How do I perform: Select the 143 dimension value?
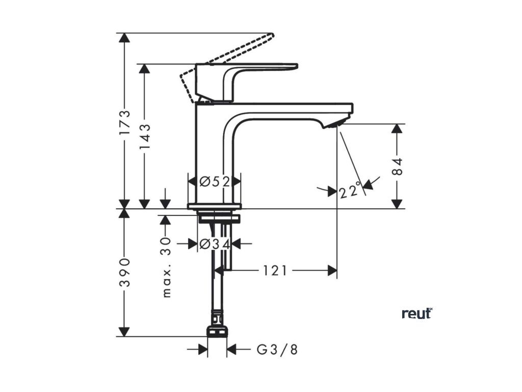point(145,136)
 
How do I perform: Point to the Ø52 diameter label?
point(214,181)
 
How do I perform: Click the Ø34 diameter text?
point(214,244)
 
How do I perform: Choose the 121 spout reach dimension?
point(275,271)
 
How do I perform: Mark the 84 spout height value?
point(398,166)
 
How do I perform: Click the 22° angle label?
point(350,191)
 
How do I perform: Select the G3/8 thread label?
point(277,350)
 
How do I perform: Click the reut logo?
point(416,313)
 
